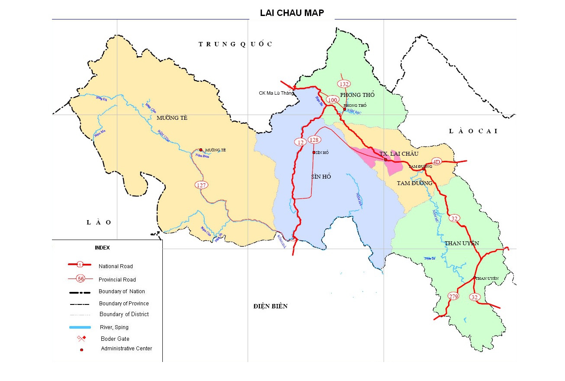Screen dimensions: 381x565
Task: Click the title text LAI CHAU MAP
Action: [292, 13]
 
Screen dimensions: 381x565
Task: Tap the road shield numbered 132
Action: [344, 84]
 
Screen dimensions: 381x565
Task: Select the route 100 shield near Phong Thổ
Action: [333, 100]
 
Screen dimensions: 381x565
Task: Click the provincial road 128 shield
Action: [314, 140]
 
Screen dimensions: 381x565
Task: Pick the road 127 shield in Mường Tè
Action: [201, 185]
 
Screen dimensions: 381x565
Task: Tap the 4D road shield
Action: [436, 162]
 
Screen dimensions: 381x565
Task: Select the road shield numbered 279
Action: [453, 296]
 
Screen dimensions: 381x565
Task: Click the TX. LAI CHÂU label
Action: [399, 154]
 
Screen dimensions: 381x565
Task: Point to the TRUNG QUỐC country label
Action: [236, 44]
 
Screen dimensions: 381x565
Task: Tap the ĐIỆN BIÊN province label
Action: [270, 306]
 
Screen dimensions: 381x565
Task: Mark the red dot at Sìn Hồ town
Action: [313, 152]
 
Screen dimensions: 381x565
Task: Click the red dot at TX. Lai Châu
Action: [385, 160]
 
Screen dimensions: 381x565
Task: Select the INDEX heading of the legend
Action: [102, 248]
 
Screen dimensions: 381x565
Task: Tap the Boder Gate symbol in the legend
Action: [81, 338]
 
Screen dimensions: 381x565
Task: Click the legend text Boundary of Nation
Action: [122, 291]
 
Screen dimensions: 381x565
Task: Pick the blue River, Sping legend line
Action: [80, 327]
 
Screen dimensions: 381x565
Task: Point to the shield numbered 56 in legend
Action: [81, 279]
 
